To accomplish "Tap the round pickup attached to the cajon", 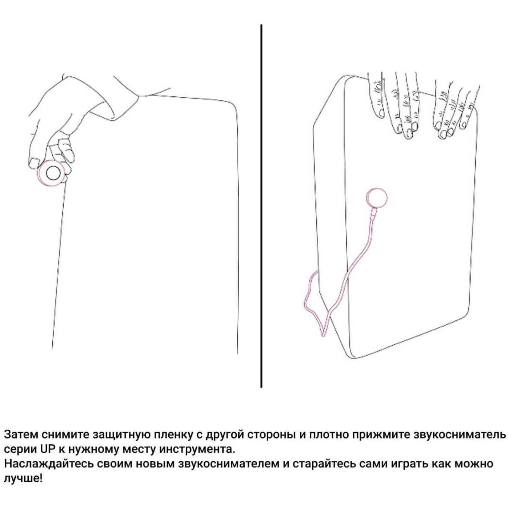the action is [377, 197].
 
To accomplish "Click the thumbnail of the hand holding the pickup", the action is [34, 163].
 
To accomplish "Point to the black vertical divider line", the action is [261, 207].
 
